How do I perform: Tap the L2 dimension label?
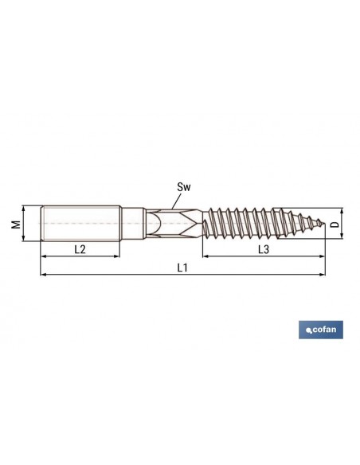(80, 249)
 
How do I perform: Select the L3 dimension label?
(264, 249)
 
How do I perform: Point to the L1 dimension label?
(182, 268)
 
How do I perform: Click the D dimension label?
(335, 224)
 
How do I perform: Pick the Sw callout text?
(184, 187)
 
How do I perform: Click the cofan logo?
(321, 330)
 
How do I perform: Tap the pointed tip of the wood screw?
(325, 224)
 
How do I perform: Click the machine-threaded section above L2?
(80, 223)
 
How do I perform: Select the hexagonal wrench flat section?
(174, 223)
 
